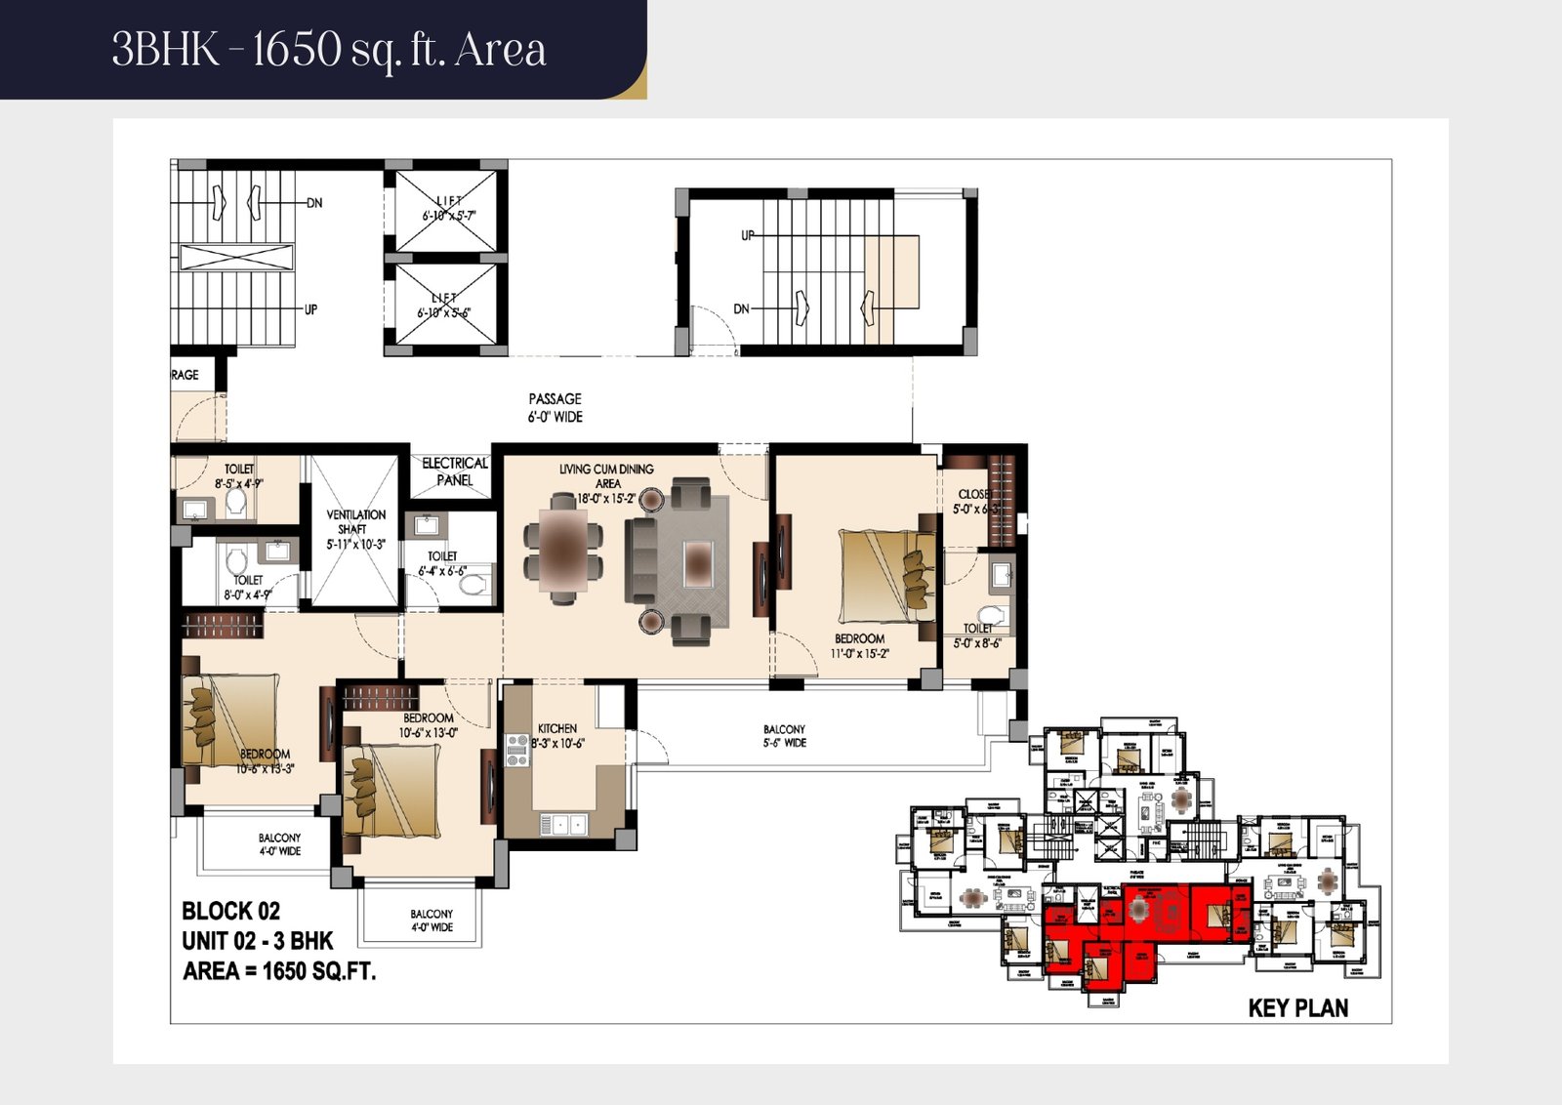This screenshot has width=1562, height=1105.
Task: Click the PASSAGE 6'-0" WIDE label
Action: coord(555,408)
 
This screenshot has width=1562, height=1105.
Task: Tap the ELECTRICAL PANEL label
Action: coord(455,471)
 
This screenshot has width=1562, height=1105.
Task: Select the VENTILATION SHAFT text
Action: coord(355,529)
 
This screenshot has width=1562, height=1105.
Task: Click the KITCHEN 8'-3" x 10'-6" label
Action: coord(558,736)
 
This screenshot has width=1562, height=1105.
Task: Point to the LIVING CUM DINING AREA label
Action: coord(606,476)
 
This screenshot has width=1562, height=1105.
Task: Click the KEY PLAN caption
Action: coord(1297,1008)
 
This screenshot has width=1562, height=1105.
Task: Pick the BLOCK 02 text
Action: coord(231,912)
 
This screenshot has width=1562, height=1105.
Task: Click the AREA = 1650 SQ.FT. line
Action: coord(279,971)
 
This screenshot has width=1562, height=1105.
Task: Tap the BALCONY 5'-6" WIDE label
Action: coord(784,736)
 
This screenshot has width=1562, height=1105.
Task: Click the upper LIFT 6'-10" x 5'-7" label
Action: coord(448,208)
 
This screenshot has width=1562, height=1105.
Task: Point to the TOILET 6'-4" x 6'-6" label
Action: coord(442,563)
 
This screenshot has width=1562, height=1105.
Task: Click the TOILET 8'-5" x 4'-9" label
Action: coord(239,476)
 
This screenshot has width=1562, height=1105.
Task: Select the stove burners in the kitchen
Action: coord(517,751)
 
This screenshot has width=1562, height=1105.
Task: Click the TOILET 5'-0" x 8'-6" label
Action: coord(977,635)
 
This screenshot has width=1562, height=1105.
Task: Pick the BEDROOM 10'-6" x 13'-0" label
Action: coord(428,725)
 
